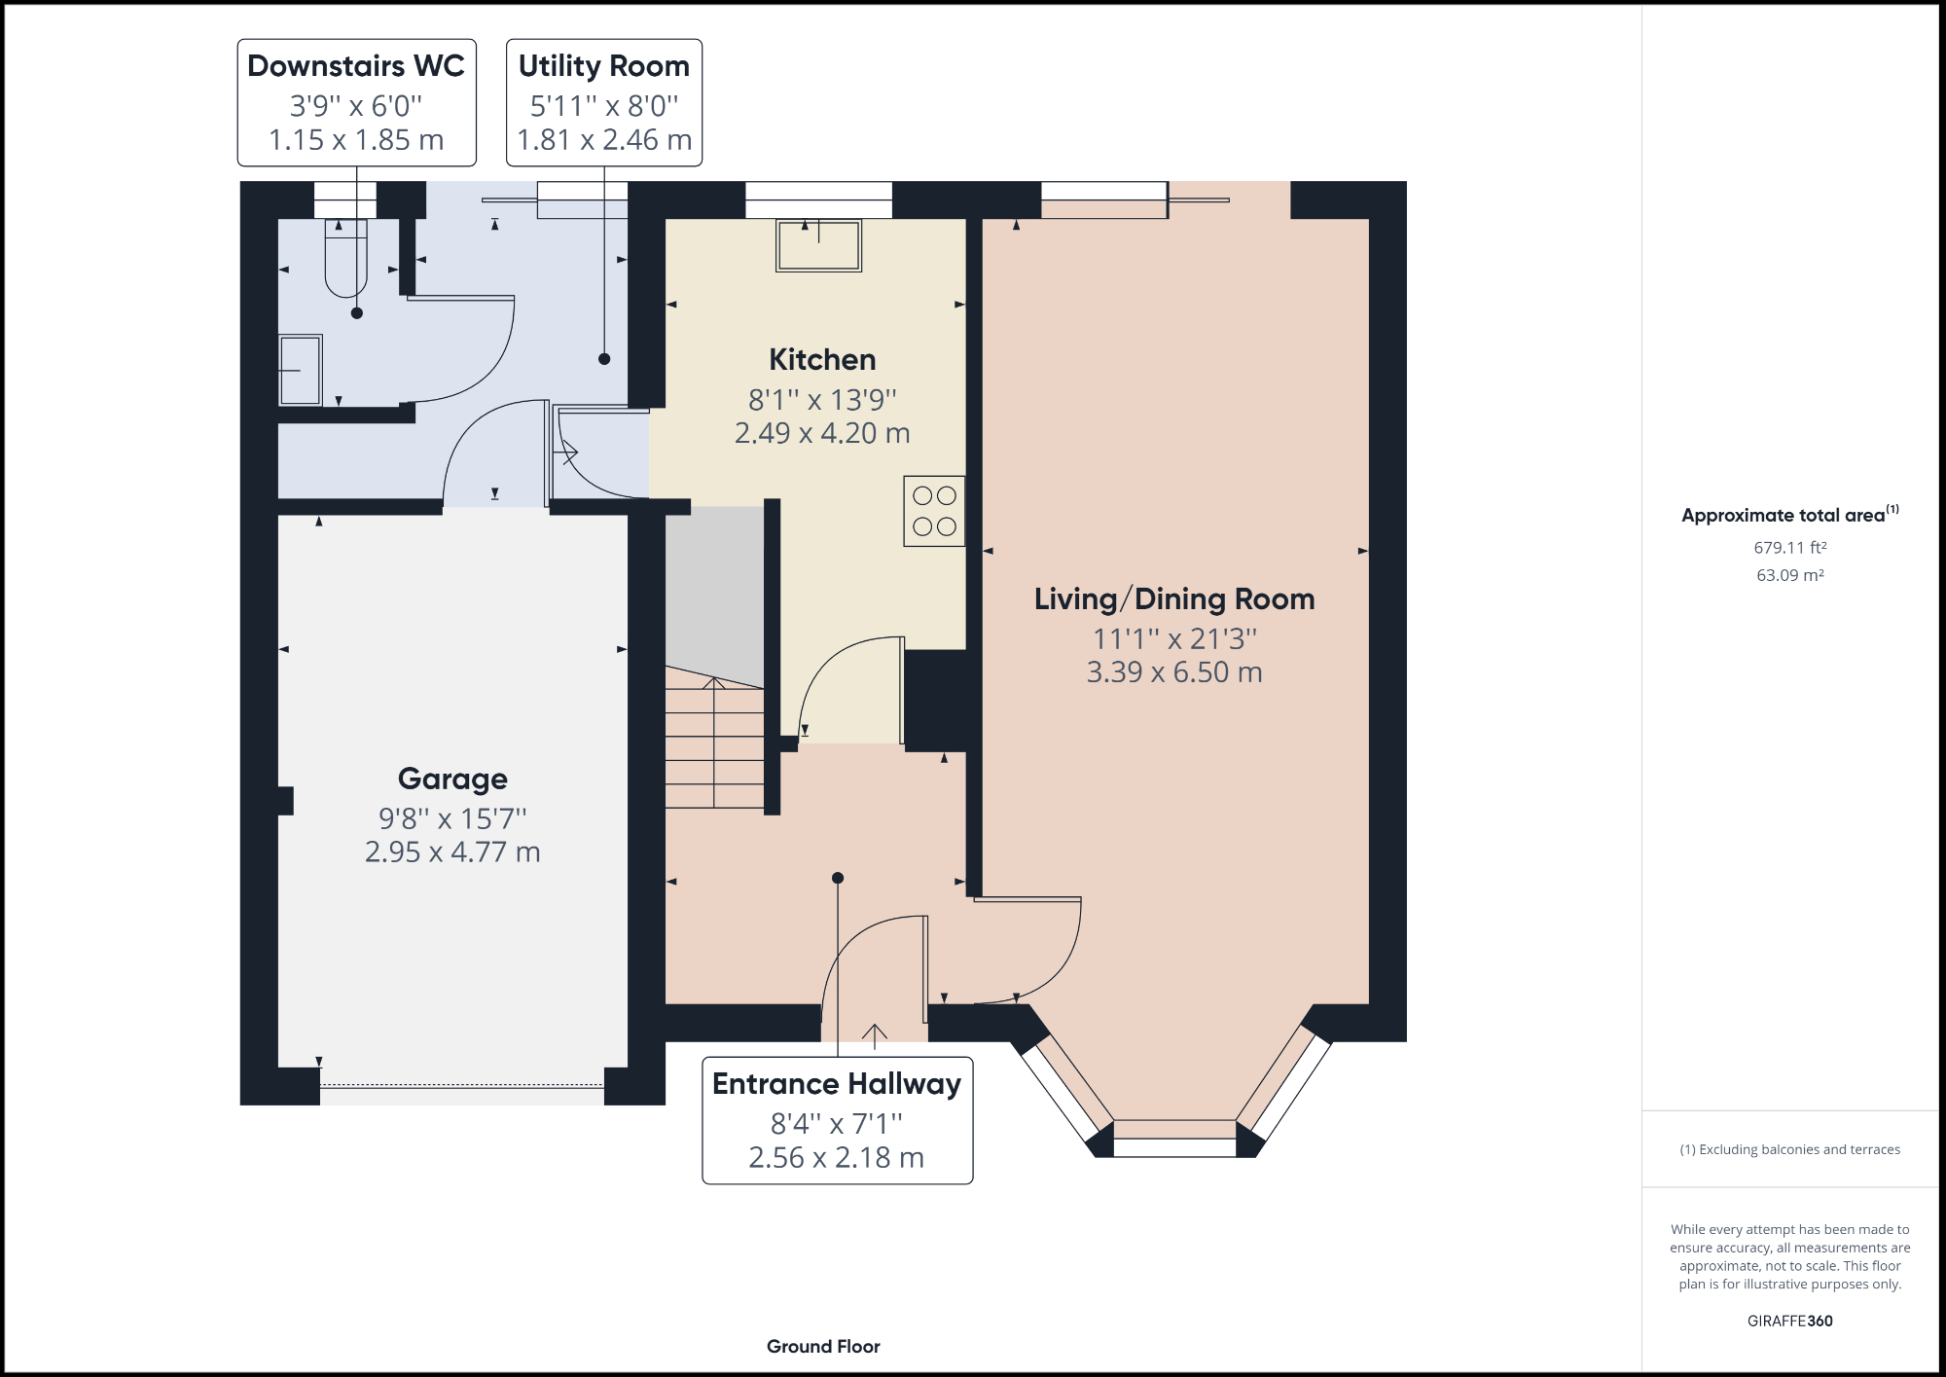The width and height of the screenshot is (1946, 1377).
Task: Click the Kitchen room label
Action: click(x=822, y=360)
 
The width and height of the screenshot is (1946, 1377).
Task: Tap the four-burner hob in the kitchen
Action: click(x=934, y=511)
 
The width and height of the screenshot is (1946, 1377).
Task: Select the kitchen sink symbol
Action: click(x=818, y=245)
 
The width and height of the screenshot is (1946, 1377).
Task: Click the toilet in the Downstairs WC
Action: click(x=345, y=259)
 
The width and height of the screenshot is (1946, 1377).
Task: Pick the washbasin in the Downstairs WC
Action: click(x=301, y=370)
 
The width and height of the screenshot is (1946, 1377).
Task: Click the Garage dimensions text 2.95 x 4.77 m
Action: click(x=452, y=852)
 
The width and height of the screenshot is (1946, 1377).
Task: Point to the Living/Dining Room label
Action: click(x=1174, y=599)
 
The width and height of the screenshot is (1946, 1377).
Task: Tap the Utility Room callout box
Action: click(x=604, y=102)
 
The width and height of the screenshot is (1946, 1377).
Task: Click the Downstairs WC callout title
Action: click(x=356, y=66)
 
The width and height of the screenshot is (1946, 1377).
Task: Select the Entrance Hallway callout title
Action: click(x=837, y=1084)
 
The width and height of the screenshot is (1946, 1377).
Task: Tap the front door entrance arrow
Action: click(x=875, y=1035)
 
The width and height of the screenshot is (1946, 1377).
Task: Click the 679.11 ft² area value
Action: click(x=1789, y=548)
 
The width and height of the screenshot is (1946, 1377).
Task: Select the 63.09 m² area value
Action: click(x=1789, y=575)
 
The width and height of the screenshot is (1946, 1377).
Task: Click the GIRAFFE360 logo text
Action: click(x=1789, y=1321)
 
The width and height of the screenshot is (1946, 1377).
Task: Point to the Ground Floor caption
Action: click(x=823, y=1347)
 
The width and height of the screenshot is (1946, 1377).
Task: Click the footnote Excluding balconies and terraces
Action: click(x=1789, y=1149)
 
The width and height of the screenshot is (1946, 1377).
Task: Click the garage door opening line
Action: click(x=462, y=1085)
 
